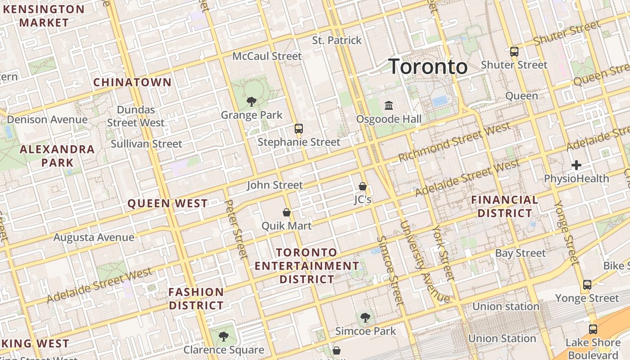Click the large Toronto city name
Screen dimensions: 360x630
[x=427, y=67]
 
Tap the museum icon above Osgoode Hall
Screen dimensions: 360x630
[x=389, y=106]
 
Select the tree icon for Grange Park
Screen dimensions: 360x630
[x=252, y=102]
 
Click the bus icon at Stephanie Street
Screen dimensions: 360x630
[x=298, y=129]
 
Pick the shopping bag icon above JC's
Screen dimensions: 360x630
[x=363, y=186]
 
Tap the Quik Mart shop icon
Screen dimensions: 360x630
[x=286, y=212]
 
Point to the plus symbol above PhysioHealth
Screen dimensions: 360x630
[x=576, y=165]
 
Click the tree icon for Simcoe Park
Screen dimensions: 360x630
[x=365, y=318]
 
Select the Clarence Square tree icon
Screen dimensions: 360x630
[x=223, y=336]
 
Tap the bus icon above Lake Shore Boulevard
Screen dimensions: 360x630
[x=593, y=329]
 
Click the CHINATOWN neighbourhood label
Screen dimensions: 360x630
[x=132, y=82]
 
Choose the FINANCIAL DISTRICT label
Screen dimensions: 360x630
[x=504, y=207]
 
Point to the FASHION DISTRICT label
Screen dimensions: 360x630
[x=196, y=299]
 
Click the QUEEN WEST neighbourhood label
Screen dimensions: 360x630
[x=167, y=203]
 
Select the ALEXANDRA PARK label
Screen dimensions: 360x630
[x=57, y=156]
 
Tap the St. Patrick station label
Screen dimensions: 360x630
[x=337, y=40]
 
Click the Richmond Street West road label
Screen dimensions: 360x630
[x=454, y=142]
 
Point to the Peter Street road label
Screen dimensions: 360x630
[x=236, y=230]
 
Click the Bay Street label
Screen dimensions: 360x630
[x=520, y=253]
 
